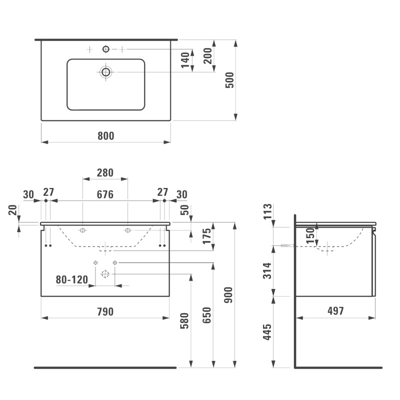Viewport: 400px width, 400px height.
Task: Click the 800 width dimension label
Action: (x=106, y=135)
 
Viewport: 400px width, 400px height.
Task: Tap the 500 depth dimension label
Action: (x=229, y=80)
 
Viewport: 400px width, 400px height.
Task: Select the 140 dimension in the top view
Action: (x=185, y=60)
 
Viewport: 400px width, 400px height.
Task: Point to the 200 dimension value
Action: (x=207, y=55)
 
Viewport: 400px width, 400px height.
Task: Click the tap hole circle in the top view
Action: (x=106, y=49)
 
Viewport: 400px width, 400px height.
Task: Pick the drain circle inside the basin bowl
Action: (x=106, y=72)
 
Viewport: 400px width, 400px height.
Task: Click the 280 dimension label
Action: (x=105, y=172)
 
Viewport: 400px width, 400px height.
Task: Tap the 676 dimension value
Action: (x=105, y=194)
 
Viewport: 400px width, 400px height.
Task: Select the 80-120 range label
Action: (x=72, y=279)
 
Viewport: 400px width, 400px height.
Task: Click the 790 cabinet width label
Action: (x=105, y=311)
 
